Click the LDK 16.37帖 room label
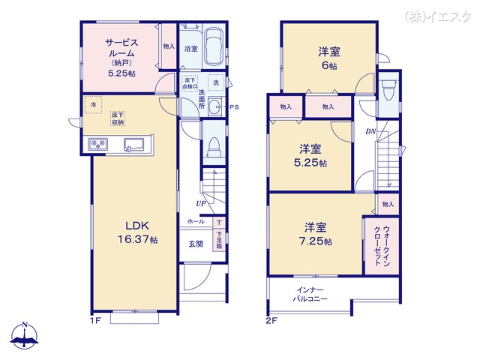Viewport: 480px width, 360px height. [135, 232]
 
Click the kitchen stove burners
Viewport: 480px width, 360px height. [99, 144]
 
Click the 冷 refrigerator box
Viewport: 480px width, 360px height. [93, 106]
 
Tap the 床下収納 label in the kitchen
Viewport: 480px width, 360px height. [118, 118]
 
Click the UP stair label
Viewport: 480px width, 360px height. [202, 203]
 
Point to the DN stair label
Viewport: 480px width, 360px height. [370, 133]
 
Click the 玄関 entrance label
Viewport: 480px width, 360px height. [196, 244]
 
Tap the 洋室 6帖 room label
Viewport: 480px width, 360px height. [328, 58]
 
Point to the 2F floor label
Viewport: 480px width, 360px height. [271, 319]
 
